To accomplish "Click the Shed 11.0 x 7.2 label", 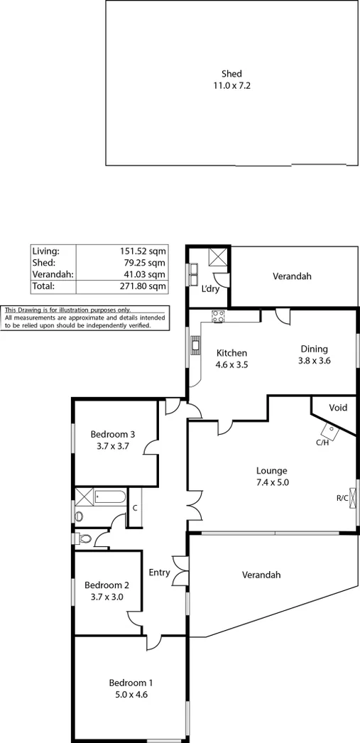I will tap(231, 79).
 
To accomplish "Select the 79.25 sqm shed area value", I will tap(147, 263).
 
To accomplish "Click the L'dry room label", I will tap(210, 289).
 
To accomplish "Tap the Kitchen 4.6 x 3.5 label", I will tap(231, 358).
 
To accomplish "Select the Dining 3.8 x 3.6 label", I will tap(314, 354).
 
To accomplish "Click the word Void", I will tap(338, 408).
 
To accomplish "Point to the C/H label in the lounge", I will tap(322, 443).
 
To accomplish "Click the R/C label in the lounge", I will tap(342, 497).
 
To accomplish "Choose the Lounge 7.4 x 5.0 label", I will tap(271, 476).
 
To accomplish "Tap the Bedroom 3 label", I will tap(113, 440).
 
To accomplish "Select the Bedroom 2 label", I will tap(107, 591).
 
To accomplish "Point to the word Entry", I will tap(159, 573).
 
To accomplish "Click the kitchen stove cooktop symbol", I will tap(217, 318).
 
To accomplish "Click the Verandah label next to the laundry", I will tap(292, 276).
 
